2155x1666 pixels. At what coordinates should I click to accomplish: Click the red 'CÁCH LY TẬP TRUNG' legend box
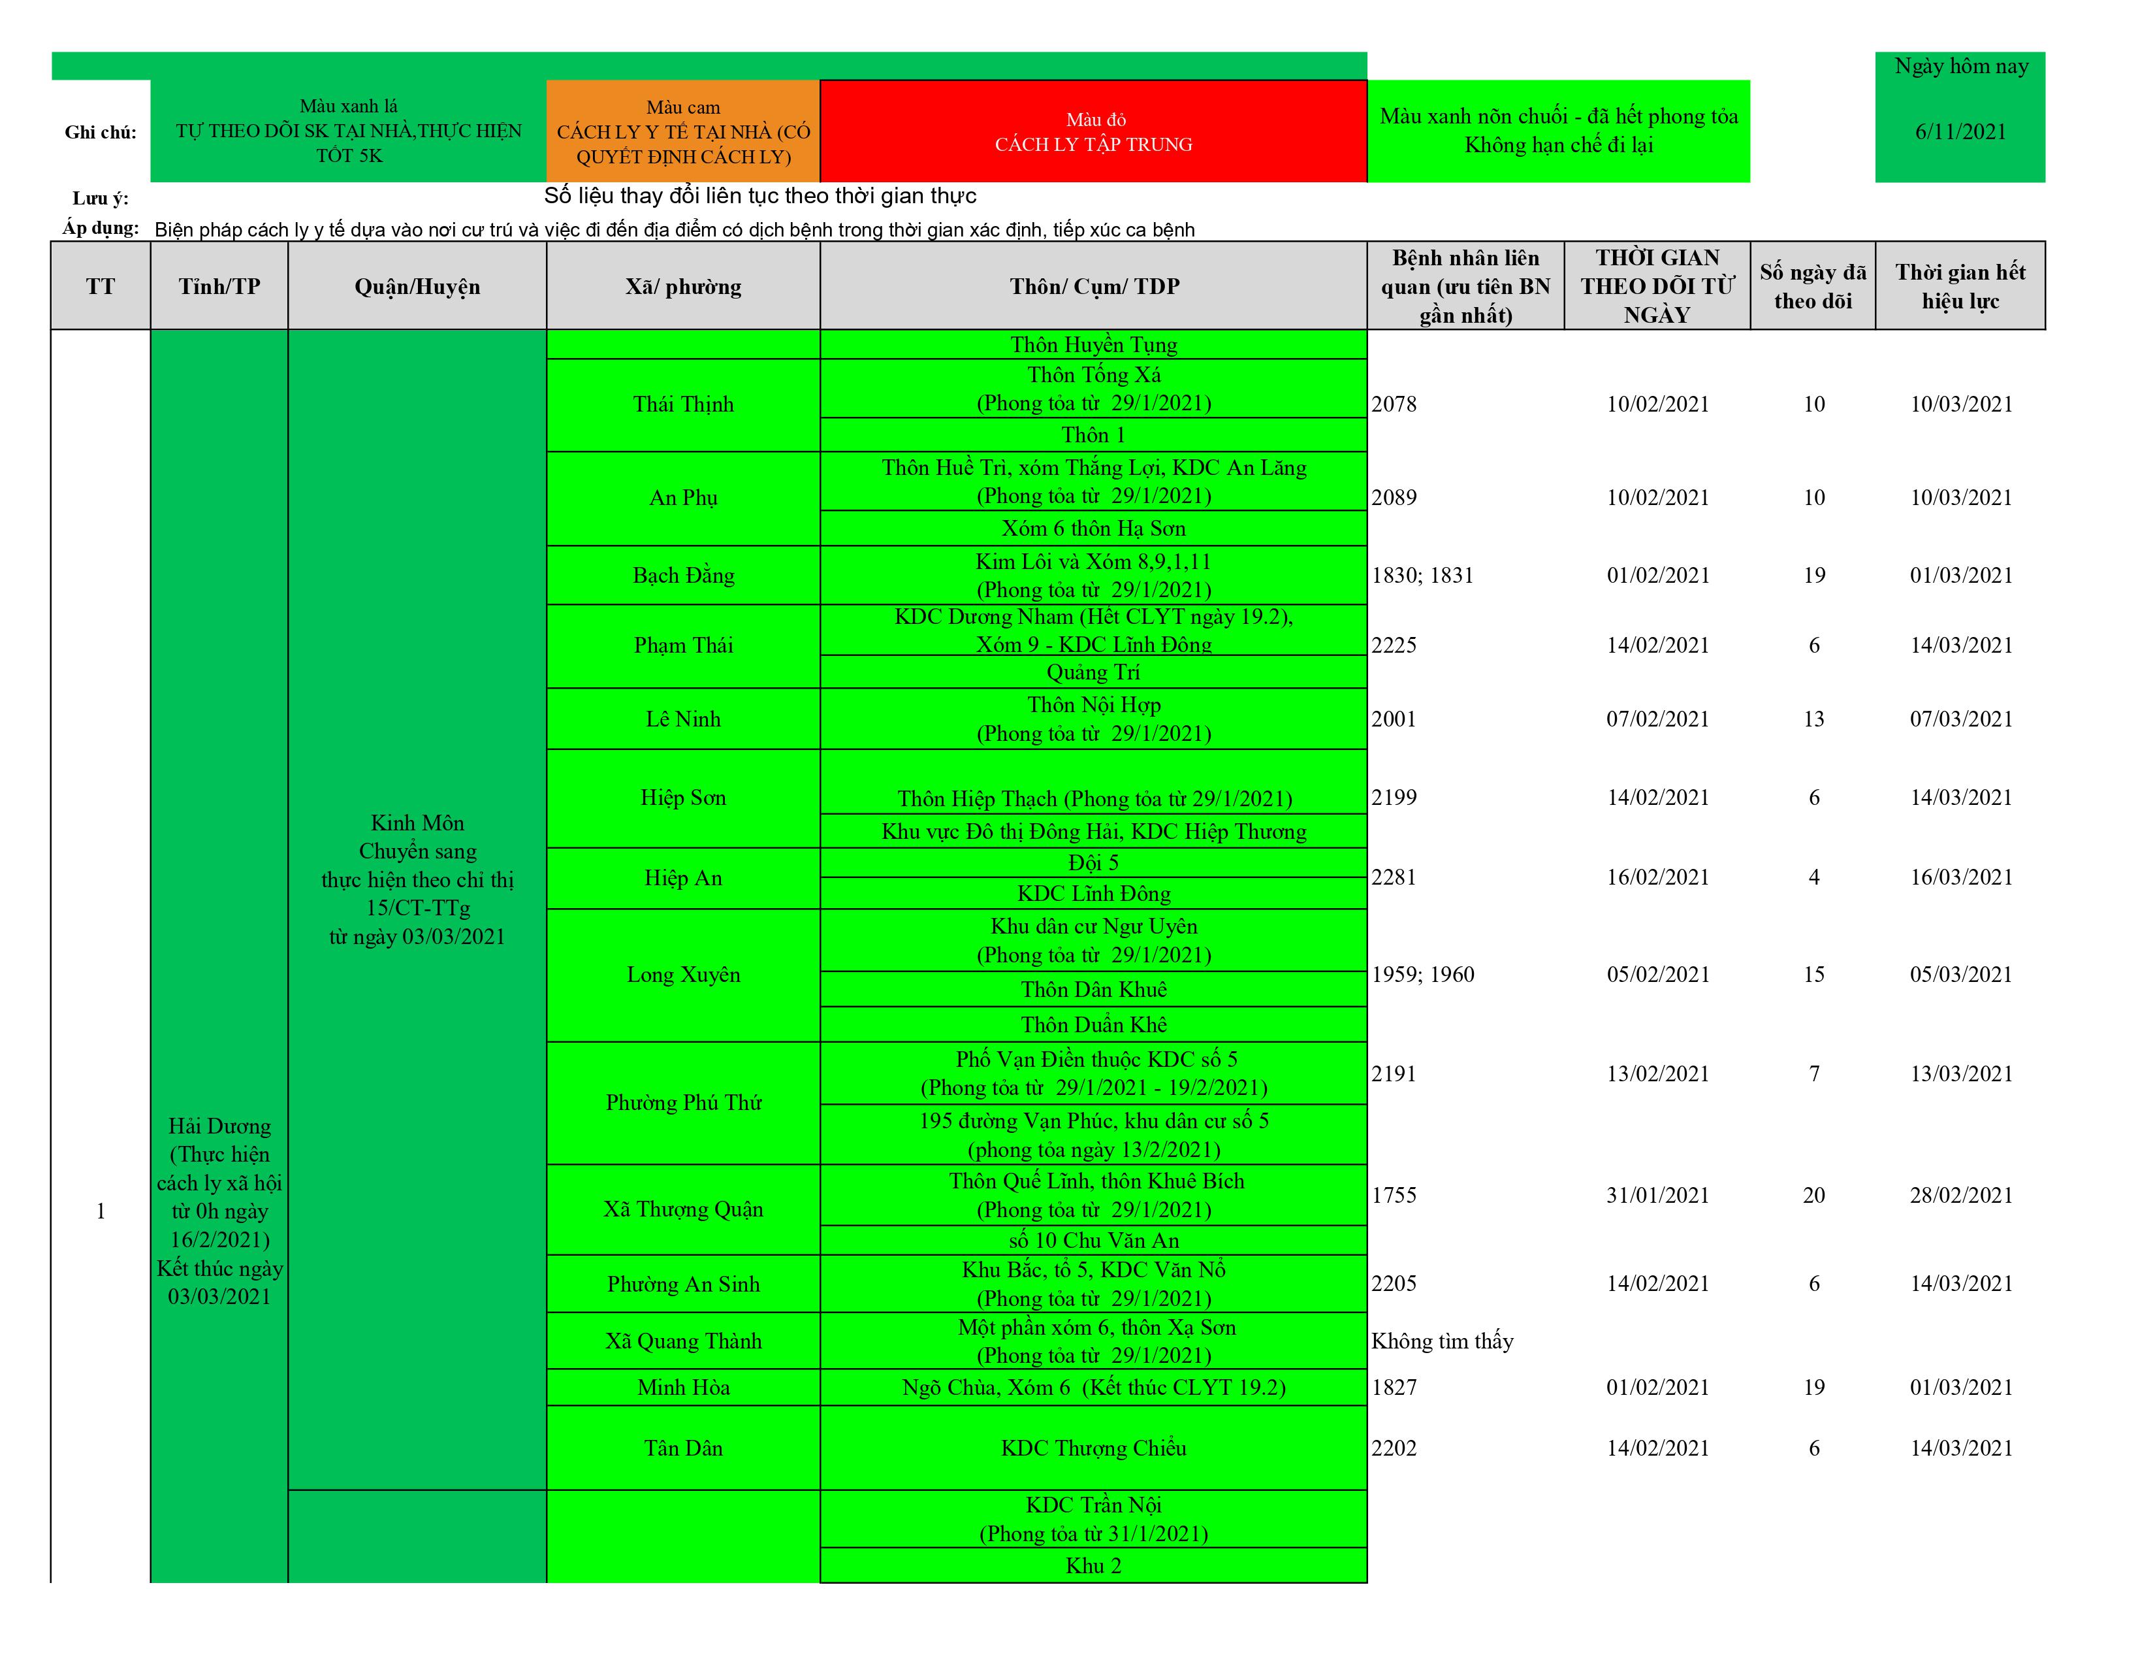[1093, 132]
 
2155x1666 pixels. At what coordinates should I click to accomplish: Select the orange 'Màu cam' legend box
[683, 132]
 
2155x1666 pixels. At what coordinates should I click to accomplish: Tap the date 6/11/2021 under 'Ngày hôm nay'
[1960, 132]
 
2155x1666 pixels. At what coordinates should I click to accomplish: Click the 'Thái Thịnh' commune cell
[683, 404]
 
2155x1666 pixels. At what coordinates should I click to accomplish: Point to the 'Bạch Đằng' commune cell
[683, 576]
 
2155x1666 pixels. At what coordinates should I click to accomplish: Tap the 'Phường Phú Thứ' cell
[683, 1102]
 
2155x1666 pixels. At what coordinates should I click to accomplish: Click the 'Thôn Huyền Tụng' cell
[1093, 344]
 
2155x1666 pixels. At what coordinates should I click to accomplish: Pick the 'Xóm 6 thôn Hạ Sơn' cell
[1093, 528]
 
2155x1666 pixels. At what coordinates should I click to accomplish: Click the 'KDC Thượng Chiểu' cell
[1093, 1448]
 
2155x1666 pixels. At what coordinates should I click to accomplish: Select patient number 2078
[1394, 404]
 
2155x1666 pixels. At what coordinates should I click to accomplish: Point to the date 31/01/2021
[1657, 1195]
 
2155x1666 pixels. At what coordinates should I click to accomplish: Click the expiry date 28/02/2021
[1960, 1195]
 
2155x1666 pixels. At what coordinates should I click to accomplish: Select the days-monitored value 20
[1813, 1195]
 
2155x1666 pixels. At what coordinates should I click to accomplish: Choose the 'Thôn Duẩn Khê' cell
[1093, 1024]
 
